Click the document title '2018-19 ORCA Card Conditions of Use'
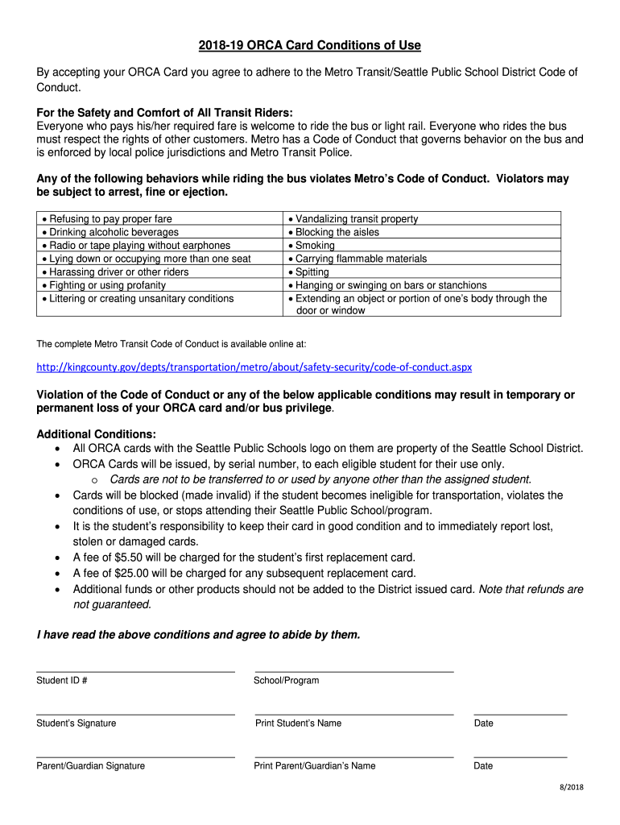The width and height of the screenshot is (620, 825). pos(309,45)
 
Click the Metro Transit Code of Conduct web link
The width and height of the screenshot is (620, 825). pos(254,367)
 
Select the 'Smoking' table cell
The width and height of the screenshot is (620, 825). pos(315,246)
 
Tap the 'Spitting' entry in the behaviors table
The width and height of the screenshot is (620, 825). pos(312,272)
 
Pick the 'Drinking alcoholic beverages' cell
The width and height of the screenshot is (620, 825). pos(114,232)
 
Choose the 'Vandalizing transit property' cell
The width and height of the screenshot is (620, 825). pos(357,219)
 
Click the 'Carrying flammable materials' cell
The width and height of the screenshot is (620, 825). pos(361,259)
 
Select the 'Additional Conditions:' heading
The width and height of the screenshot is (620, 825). pos(97,434)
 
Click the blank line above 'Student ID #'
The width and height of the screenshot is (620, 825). pos(135,670)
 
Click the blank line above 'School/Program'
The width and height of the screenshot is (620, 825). pos(354,670)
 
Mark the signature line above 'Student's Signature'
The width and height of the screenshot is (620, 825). pos(135,713)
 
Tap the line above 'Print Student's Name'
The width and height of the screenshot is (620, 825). pos(354,713)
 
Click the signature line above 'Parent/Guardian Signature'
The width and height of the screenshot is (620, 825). pos(135,756)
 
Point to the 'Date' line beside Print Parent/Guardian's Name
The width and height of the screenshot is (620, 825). pos(520,756)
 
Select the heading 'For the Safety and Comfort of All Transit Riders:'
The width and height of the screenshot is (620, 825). pos(165,113)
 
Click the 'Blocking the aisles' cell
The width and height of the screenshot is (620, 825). pos(337,232)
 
